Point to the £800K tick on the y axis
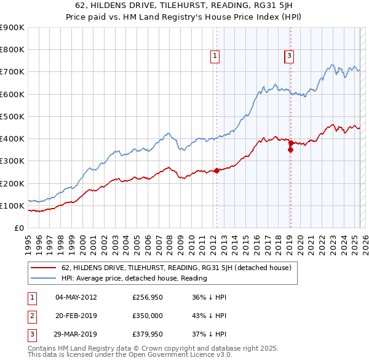click(14, 50)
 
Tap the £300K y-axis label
click(14, 161)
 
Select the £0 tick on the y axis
click(19, 228)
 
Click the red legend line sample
click(44, 268)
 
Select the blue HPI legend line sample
click(44, 278)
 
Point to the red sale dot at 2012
click(216, 171)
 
